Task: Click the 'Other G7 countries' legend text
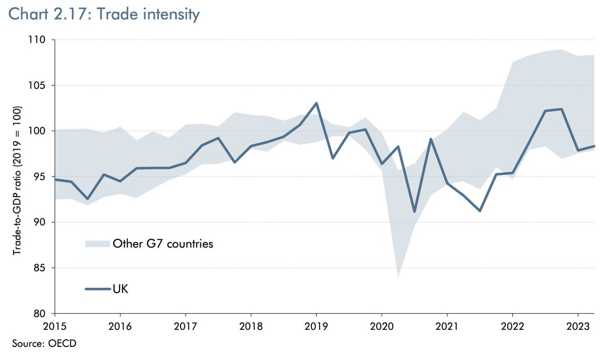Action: (x=163, y=244)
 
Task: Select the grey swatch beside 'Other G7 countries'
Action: (x=97, y=244)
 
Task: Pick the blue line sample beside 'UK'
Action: (x=97, y=289)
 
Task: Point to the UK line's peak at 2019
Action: (x=316, y=103)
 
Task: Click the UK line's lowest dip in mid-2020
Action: (x=414, y=211)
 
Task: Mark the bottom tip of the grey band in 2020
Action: (x=398, y=277)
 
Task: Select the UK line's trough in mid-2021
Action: (x=479, y=211)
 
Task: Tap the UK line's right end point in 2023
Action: (x=594, y=146)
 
